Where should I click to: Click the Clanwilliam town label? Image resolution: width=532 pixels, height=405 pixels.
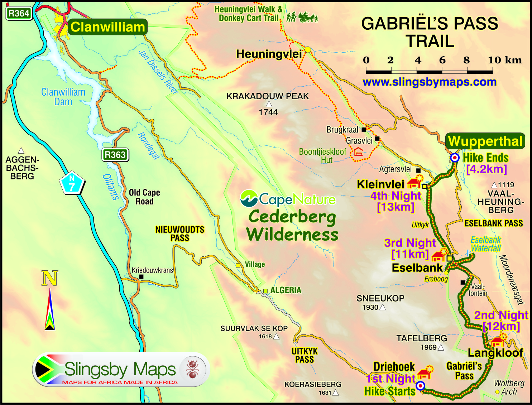coord(107,27)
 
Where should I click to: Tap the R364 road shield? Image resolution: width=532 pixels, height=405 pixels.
coord(19,14)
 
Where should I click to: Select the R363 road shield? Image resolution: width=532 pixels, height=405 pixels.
coord(115,155)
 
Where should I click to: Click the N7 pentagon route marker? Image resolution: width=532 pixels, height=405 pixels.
coord(72,182)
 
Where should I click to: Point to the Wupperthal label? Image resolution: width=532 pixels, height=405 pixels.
coord(485,141)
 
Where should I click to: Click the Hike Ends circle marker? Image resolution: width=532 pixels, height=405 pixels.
coord(455,158)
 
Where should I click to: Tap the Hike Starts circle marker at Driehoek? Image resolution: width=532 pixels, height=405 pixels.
coord(421,386)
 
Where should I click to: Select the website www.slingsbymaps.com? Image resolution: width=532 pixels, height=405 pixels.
coord(429,82)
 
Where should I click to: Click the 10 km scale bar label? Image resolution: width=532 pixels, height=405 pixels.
coord(504,60)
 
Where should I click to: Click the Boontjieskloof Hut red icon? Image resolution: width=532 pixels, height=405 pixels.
coord(358,151)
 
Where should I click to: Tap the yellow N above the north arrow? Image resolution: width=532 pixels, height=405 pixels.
coord(49,278)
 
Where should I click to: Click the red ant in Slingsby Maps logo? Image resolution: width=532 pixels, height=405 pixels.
coord(193,369)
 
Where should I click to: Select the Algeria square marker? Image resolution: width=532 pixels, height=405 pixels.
coord(265,291)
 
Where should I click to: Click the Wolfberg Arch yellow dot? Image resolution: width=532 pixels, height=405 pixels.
coord(497,392)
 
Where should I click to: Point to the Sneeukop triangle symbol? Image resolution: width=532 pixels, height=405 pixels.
coord(383,307)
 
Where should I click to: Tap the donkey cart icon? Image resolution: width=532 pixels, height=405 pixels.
coord(308,17)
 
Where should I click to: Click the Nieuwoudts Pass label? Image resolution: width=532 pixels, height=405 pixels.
coord(179,233)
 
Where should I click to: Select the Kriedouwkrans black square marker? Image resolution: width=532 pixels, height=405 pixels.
coord(141,277)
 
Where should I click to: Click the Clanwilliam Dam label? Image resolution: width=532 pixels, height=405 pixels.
coord(63,97)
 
